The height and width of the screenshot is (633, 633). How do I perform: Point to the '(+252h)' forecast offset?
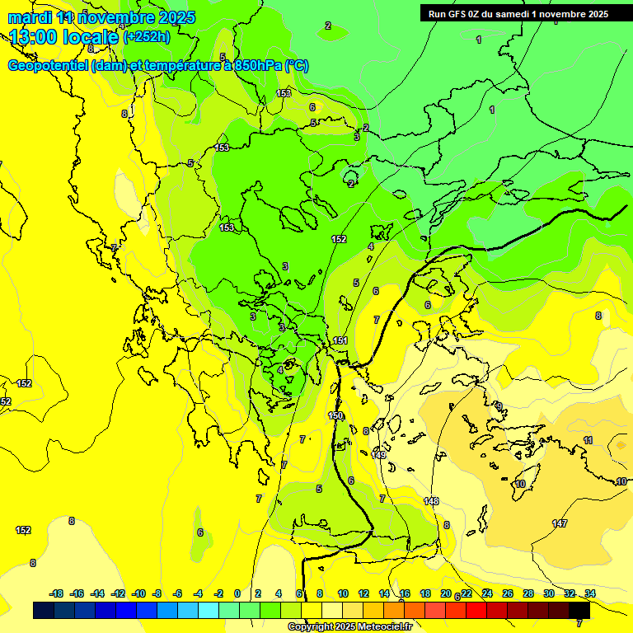coord(147,36)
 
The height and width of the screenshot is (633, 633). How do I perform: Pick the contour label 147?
coord(560,523)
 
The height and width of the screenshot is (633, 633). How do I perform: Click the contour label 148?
coord(431,501)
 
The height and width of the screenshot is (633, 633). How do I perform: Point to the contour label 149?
coord(379,454)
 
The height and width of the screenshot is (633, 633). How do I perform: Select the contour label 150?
coord(335,416)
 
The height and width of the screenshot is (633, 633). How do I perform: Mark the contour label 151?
coord(340,340)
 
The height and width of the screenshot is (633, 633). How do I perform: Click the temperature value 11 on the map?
coord(588,440)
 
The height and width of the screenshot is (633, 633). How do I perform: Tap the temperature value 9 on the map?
coord(499,406)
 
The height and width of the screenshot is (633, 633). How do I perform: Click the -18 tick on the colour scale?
coord(57,593)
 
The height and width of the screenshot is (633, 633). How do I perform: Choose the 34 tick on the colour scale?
coord(590,593)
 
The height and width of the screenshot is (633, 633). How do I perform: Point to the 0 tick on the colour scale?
coord(237,593)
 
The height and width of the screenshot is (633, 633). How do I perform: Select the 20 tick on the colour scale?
coord(446,593)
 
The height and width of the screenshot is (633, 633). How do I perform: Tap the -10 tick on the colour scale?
coord(138,593)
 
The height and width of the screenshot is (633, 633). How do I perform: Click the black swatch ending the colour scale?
coord(580,611)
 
